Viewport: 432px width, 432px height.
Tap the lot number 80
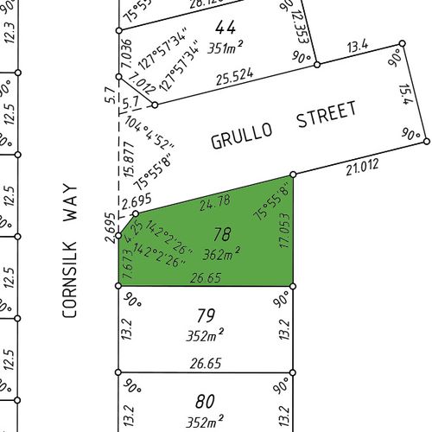point(205,401)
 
